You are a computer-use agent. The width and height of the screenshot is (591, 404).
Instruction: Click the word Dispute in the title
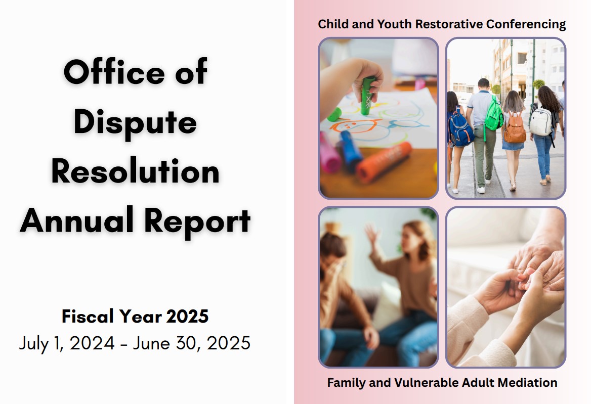[x=135, y=122]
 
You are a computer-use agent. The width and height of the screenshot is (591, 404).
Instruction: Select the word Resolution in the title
[x=135, y=171]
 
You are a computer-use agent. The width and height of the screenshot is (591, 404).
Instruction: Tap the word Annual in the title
[x=77, y=220]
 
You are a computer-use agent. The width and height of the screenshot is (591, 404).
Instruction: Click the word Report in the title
[x=197, y=222]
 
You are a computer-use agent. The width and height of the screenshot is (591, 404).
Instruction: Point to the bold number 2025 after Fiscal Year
[x=187, y=316]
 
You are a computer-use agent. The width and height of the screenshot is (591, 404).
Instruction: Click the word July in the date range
[x=33, y=343]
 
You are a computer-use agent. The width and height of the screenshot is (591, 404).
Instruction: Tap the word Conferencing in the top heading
[x=526, y=24]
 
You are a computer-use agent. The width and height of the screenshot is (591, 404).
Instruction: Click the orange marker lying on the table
[x=384, y=162]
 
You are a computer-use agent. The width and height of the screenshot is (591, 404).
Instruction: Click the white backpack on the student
[x=541, y=122]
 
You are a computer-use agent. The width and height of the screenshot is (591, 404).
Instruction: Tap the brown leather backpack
[x=515, y=128]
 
